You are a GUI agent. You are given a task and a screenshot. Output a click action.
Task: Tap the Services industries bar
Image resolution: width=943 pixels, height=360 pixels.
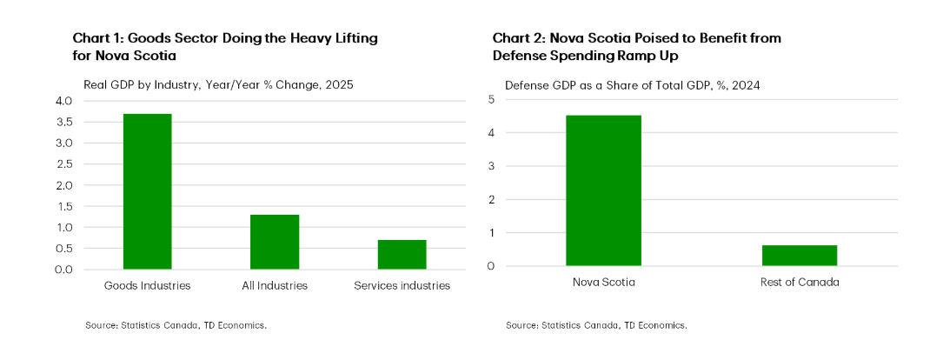[x=402, y=254]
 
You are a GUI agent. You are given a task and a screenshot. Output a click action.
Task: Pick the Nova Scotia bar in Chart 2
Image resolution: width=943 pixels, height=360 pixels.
[x=603, y=190]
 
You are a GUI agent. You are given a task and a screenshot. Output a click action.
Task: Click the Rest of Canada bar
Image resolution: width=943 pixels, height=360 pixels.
[x=799, y=256]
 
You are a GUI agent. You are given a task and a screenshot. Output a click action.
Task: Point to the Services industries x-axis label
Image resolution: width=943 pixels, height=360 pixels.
[x=402, y=285]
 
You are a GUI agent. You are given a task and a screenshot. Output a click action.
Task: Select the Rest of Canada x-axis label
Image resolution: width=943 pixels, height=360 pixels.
[x=799, y=283]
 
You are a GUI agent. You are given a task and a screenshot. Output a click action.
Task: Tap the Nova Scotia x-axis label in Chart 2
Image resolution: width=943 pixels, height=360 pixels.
[x=603, y=283]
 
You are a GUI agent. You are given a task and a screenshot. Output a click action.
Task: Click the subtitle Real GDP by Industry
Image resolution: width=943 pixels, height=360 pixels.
[x=218, y=85]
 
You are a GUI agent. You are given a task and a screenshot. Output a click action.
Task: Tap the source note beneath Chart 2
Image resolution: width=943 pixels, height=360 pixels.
[x=596, y=325]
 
